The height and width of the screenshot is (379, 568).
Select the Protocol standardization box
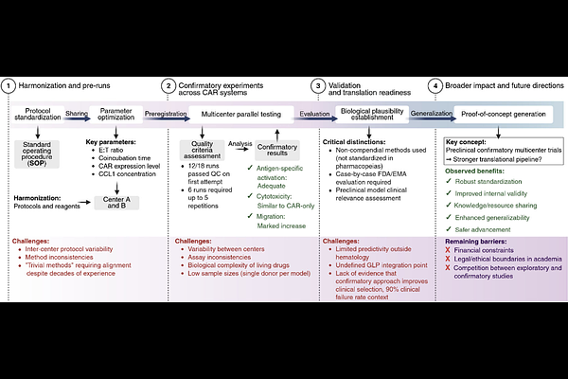click(x=38, y=114)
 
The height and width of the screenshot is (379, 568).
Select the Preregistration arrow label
click(x=166, y=113)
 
